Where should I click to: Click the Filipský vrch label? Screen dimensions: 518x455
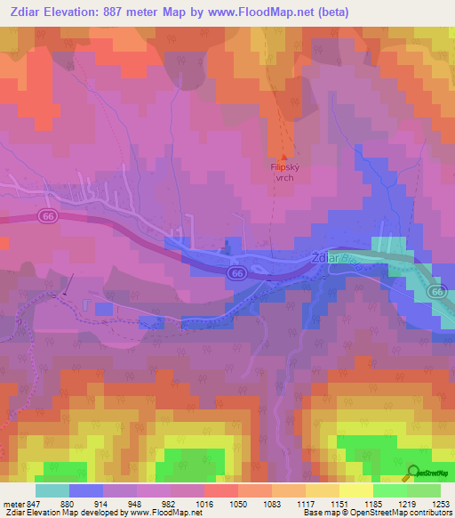[283, 172]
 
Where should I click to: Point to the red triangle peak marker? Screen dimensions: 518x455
[283, 158]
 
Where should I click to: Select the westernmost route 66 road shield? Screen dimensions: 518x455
[47, 215]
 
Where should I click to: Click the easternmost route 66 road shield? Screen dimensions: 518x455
[436, 291]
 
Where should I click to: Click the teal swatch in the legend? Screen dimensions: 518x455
[52, 490]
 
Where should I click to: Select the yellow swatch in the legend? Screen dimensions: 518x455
[355, 490]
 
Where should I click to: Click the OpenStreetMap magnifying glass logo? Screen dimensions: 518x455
[411, 473]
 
